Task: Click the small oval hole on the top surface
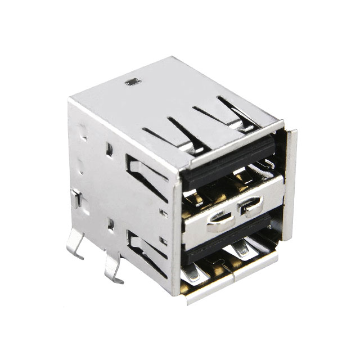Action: (131, 82)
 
